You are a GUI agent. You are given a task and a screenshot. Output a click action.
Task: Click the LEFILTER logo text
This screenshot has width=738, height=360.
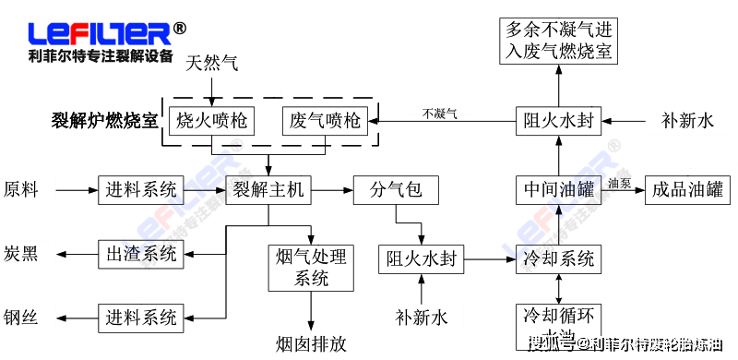100,33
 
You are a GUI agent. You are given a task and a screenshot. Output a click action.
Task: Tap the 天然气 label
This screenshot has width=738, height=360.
212,64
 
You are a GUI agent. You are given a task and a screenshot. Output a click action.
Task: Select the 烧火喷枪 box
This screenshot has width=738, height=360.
212,120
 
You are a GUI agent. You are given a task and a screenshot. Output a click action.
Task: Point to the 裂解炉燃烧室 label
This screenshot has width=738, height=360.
104,121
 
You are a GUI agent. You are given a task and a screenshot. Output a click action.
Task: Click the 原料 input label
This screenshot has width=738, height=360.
22,190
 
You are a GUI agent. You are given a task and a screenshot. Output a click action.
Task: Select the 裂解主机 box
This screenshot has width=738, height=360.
268,190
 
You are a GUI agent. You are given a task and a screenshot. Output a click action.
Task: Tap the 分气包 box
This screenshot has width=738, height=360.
396,190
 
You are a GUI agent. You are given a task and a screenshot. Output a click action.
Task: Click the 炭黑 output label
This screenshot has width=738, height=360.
22,253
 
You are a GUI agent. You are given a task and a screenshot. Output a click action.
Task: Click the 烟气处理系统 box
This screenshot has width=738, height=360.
311,268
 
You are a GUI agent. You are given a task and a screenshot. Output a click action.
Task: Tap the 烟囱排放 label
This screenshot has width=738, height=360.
311,343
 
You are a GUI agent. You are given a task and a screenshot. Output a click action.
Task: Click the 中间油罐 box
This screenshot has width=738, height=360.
559,190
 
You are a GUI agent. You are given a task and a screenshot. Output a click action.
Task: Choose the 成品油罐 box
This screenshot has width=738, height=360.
687,190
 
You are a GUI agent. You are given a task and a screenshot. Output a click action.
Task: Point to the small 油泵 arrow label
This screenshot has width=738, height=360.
619,182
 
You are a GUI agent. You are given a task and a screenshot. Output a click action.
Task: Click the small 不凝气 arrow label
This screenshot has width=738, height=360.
439,114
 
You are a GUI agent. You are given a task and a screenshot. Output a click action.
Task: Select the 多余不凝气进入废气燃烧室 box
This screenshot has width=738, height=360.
559,40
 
